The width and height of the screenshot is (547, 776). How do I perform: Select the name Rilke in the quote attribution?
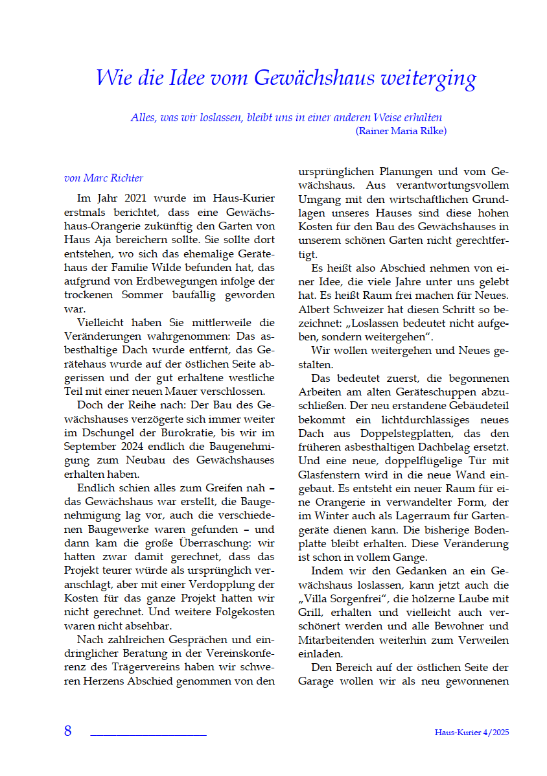[430, 130]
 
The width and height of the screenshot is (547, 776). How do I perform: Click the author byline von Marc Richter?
[104, 178]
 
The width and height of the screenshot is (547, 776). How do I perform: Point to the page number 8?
[67, 731]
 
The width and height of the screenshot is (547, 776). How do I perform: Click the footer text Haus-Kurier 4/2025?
[472, 732]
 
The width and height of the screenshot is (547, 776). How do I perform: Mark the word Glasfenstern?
[331, 475]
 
